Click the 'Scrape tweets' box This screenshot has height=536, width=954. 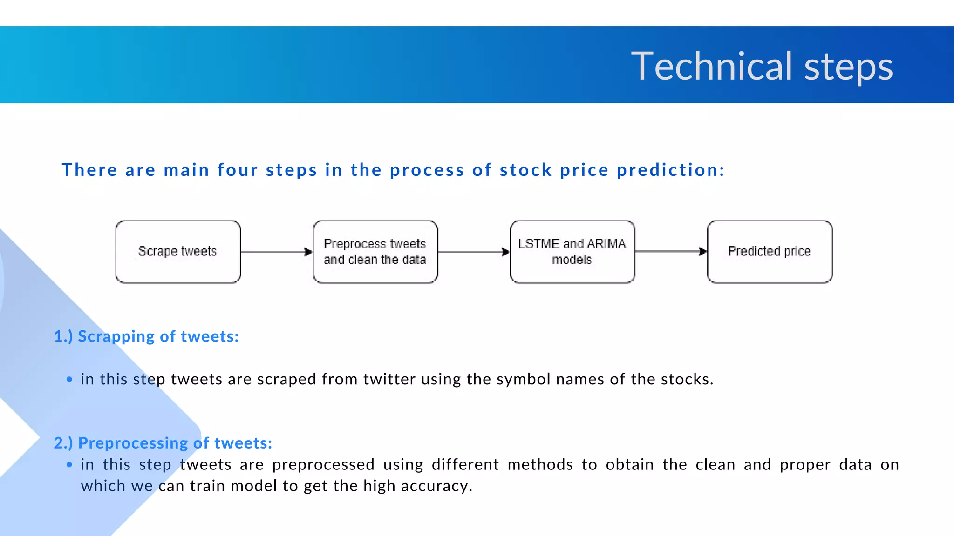[x=178, y=252]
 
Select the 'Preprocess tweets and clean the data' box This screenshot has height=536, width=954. [x=375, y=252]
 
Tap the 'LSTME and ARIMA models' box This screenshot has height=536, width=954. [x=572, y=252]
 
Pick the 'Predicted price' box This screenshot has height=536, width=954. [x=770, y=252]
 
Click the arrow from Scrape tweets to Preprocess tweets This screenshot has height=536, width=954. [x=276, y=252]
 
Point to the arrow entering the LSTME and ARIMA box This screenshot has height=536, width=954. [x=474, y=252]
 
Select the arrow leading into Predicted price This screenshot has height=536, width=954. [x=671, y=251]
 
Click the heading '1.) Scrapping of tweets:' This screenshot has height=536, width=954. [x=146, y=336]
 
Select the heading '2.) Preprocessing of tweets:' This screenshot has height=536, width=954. [x=163, y=443]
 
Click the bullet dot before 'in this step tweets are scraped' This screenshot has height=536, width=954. [x=69, y=380]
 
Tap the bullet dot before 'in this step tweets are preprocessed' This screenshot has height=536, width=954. [x=69, y=465]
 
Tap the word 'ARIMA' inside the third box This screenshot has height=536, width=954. [x=606, y=244]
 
